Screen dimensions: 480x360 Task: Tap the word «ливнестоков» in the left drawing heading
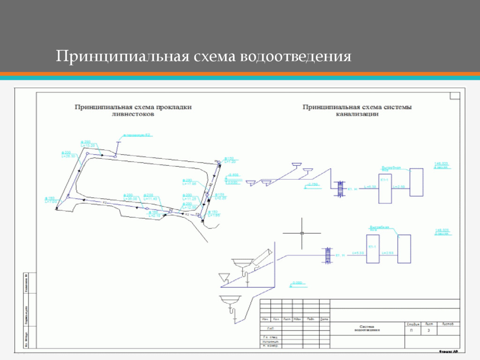click(x=134, y=114)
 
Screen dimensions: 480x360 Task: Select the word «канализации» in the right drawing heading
click(x=357, y=114)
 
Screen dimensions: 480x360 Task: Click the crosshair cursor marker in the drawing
click(x=302, y=233)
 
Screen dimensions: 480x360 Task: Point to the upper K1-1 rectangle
click(x=385, y=185)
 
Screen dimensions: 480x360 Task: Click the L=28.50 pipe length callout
click(x=68, y=156)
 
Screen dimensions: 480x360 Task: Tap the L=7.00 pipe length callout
click(x=51, y=202)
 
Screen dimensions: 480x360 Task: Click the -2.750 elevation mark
click(x=313, y=185)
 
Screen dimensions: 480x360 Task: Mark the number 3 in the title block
click(x=428, y=330)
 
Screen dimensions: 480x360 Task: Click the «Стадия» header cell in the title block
click(x=413, y=324)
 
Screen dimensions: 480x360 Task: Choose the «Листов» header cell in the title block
click(x=448, y=324)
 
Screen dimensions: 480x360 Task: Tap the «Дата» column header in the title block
click(x=324, y=320)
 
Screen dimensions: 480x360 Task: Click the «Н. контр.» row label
click(x=271, y=346)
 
